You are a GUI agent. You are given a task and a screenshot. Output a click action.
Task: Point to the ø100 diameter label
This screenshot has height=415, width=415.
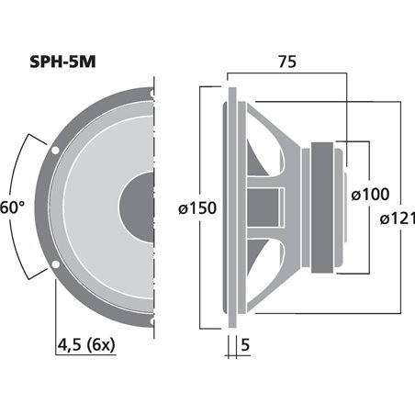pyautogui.click(x=371, y=194)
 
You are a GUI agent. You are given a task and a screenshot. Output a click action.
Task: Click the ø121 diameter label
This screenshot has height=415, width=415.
pyautogui.click(x=396, y=218)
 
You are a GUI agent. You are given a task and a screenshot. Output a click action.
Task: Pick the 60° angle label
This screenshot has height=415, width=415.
pyautogui.click(x=12, y=208)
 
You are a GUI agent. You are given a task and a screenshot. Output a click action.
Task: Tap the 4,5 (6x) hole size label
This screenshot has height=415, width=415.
pyautogui.click(x=87, y=346)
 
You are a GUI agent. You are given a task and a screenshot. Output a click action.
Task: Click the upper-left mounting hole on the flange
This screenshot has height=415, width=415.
pyautogui.click(x=57, y=148)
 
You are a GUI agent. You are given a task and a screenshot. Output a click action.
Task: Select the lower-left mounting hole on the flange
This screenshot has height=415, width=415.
pyautogui.click(x=57, y=267)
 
